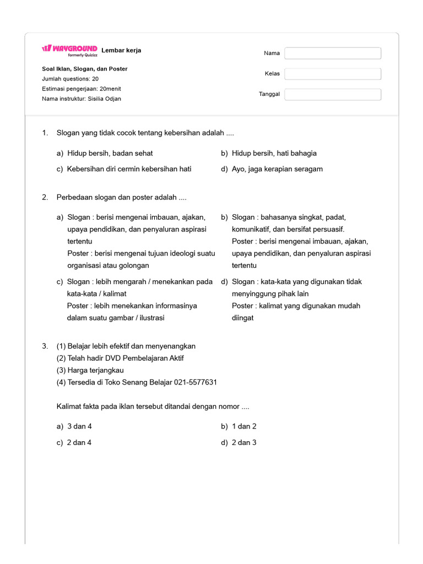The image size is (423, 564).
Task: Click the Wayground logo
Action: (x=69, y=48)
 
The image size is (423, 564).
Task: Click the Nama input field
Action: (x=333, y=53)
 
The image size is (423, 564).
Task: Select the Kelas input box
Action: (x=333, y=74)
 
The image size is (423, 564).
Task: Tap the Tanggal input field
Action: (x=333, y=94)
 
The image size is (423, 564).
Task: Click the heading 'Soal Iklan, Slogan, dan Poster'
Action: (x=84, y=69)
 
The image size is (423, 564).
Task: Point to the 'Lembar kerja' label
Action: (x=121, y=50)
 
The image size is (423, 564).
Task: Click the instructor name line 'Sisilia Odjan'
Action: (x=82, y=99)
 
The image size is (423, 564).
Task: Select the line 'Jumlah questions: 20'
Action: (x=70, y=79)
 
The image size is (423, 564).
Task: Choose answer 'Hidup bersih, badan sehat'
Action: (x=110, y=153)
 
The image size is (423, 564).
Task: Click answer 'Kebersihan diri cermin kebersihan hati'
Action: (x=129, y=169)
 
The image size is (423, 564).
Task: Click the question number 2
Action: (x=45, y=197)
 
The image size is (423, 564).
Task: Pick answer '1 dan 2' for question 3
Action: (x=244, y=426)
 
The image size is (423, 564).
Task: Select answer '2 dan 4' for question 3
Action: (x=79, y=442)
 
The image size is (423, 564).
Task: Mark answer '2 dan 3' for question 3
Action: (x=244, y=442)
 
